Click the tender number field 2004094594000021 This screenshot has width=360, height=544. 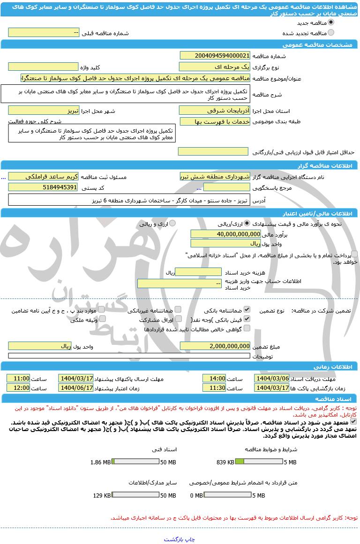[215, 55]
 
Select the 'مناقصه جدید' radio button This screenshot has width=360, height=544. [331, 22]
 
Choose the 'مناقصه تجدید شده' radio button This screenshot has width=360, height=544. [331, 33]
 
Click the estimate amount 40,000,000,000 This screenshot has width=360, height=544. [225, 234]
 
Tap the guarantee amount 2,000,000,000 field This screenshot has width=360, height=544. [215, 346]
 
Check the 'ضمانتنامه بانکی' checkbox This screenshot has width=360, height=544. [247, 310]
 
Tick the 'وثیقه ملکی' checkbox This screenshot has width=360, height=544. [102, 319]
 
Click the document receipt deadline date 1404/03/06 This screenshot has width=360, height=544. [272, 378]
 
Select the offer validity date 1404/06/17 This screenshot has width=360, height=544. [76, 388]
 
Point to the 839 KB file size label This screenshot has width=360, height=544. [225, 462]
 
